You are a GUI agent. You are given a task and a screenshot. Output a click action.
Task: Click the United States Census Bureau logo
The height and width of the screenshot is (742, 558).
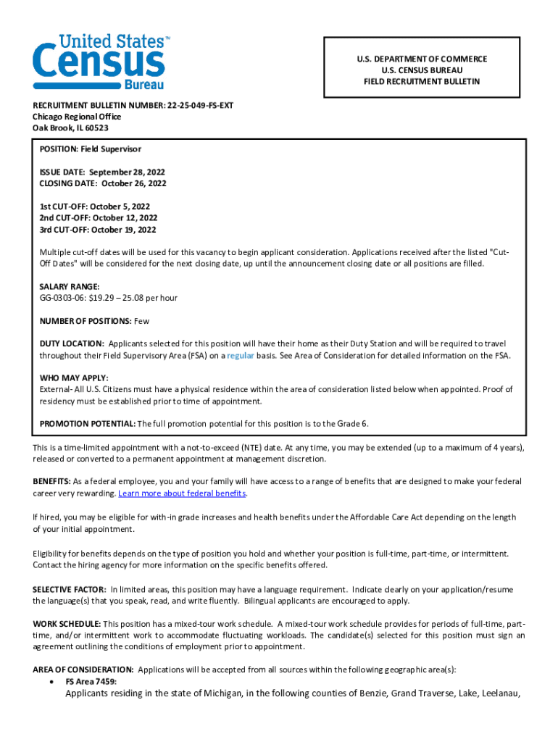pos(99,62)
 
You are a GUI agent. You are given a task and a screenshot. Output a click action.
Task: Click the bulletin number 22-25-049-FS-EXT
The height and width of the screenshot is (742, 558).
pos(200,105)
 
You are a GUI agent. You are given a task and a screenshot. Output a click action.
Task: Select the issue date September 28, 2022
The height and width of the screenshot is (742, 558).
pos(128,172)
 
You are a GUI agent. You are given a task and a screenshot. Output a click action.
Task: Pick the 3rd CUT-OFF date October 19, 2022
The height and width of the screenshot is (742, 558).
pos(123,230)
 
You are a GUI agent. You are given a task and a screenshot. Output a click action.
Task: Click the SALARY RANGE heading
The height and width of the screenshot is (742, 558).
pos(70,287)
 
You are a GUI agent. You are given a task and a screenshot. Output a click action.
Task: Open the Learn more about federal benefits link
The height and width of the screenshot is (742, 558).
pos(182,493)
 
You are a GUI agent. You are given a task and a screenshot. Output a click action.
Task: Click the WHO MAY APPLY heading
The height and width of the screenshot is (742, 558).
pos(73,378)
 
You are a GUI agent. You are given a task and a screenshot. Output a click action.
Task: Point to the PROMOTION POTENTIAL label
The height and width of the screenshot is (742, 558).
pos(87,423)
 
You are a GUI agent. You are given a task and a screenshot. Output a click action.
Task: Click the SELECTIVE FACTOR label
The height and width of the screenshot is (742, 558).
pos(70,590)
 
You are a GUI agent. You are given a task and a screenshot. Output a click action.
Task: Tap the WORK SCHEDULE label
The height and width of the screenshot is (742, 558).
pos(67,624)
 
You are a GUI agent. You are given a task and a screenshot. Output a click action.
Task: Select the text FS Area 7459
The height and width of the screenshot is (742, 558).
pos(91,682)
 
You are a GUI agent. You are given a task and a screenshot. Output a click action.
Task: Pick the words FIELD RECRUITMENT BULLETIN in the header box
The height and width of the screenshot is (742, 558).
pos(421,82)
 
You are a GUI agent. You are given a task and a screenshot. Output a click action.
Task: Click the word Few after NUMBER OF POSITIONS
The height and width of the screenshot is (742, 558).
pos(141,321)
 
